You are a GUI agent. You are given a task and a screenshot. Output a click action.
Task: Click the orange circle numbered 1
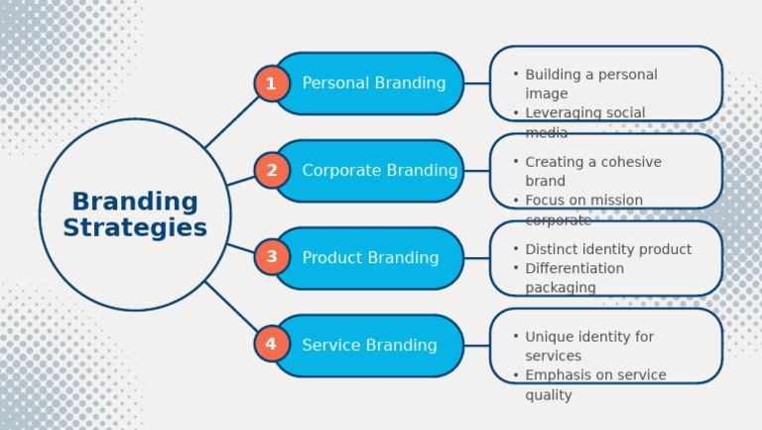click(x=271, y=83)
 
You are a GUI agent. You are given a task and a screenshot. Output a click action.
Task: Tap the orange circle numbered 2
click(x=271, y=171)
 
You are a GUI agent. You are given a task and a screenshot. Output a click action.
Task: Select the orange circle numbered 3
click(x=271, y=258)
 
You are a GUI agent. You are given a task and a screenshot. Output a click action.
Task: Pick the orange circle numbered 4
click(x=271, y=345)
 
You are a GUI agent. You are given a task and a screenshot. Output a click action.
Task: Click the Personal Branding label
click(x=374, y=83)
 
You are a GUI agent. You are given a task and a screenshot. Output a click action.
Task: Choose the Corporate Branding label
click(x=380, y=171)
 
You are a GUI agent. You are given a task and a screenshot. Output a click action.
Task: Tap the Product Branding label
click(x=370, y=258)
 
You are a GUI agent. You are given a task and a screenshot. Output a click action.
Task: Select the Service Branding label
click(x=369, y=346)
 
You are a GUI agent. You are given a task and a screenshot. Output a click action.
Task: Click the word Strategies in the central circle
click(x=135, y=228)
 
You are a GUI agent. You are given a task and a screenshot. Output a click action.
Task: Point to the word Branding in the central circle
click(x=135, y=202)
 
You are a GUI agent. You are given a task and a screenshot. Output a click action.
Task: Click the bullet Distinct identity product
click(x=607, y=249)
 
